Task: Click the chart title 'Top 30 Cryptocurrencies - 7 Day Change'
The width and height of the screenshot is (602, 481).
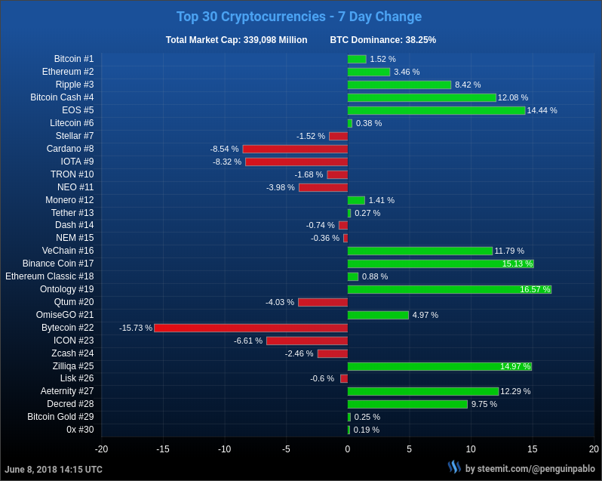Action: click(x=299, y=17)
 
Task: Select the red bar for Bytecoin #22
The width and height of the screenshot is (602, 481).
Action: click(x=250, y=328)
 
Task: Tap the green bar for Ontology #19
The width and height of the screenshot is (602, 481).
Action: click(x=449, y=289)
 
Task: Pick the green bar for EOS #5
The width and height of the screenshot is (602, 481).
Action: click(x=436, y=110)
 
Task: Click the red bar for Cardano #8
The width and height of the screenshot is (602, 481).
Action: click(x=295, y=149)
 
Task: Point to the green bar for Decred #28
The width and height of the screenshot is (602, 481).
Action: click(x=407, y=404)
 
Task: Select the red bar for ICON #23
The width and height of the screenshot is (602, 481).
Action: click(x=307, y=341)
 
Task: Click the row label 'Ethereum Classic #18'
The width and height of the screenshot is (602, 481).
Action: click(x=50, y=276)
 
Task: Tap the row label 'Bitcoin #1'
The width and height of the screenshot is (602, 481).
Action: click(x=74, y=59)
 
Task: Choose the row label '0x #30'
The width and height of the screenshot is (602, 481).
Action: click(x=80, y=430)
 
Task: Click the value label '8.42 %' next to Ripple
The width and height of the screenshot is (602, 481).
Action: click(x=468, y=85)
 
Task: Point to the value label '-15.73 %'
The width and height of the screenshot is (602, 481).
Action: click(x=136, y=328)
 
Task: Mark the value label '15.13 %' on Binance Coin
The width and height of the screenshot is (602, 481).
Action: click(x=517, y=264)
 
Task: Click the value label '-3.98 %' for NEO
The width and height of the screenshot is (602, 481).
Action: click(x=281, y=187)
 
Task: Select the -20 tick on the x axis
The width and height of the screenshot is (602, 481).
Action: click(x=101, y=449)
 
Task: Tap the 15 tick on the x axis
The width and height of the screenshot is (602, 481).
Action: click(x=533, y=449)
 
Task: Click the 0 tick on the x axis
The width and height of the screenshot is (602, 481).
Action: click(x=348, y=449)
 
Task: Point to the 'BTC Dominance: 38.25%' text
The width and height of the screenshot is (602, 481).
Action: click(x=382, y=40)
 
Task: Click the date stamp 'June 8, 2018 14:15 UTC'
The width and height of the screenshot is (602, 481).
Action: click(x=54, y=470)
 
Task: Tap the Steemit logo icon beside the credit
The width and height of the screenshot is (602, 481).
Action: click(x=454, y=467)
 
